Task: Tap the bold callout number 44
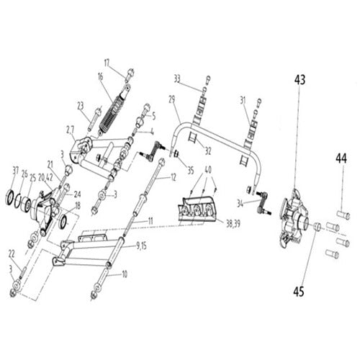[341, 156]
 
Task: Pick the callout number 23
[80, 105]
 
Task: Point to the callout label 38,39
[232, 224]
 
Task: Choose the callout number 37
[15, 170]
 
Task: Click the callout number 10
[124, 274]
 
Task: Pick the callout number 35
[190, 171]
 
